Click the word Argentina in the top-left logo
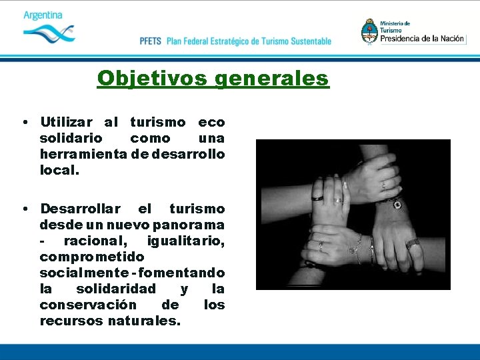[43, 15]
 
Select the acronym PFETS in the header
[151, 41]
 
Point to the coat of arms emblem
[369, 31]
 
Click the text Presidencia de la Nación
[422, 39]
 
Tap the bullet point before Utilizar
[23, 123]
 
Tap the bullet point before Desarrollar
[23, 209]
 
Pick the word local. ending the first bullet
[59, 171]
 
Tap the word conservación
[85, 305]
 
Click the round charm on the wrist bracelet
[397, 205]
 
